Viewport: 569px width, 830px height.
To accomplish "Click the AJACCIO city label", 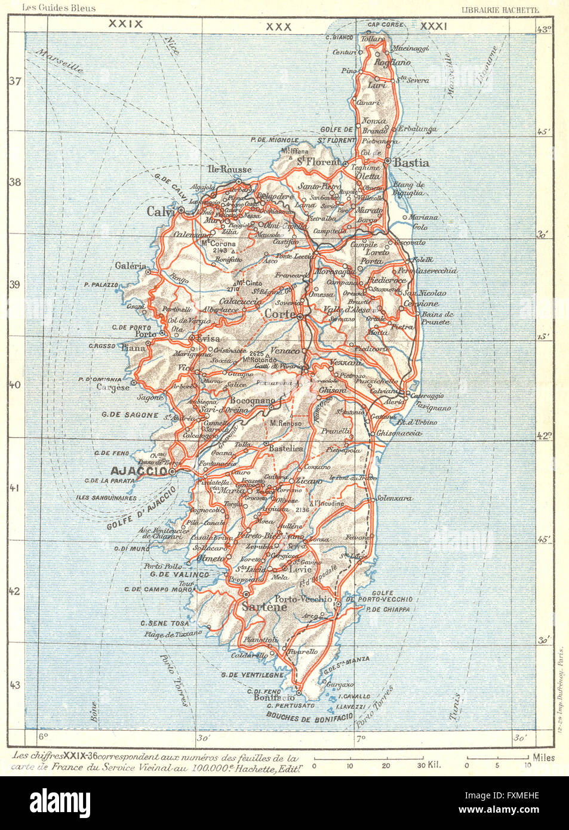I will tap(142, 472).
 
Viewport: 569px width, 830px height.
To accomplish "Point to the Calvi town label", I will tap(160, 211).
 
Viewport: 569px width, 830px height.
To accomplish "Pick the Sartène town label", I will tap(264, 607).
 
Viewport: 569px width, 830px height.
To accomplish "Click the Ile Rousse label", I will tap(229, 169).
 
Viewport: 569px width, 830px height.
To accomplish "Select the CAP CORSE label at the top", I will tap(386, 24).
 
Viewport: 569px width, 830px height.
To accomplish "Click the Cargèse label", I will tap(113, 387).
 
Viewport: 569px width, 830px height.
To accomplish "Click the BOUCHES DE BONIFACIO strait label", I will tap(306, 717).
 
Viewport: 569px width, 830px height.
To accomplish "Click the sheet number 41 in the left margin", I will tap(16, 488).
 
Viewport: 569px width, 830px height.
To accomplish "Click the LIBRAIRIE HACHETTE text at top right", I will tap(501, 9).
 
